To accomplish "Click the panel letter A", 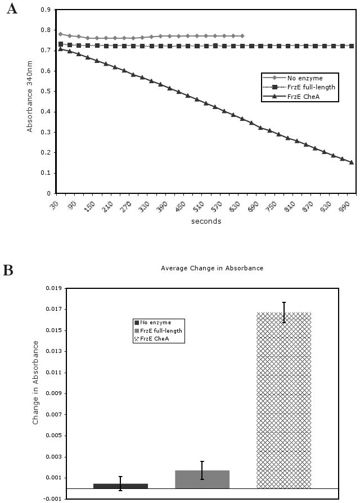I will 11,9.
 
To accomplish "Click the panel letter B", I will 8,270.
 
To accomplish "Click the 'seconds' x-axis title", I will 206,221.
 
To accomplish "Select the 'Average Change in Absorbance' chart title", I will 212,269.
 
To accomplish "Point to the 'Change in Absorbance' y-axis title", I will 35,382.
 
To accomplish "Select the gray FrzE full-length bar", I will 202,479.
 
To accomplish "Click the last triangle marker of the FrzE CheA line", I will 351,162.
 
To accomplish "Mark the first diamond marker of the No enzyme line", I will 60,34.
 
